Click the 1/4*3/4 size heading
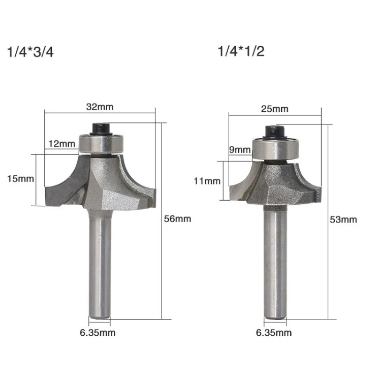point(30,52)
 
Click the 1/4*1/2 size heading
point(241,51)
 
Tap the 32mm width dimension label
point(100,107)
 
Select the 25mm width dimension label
point(274,109)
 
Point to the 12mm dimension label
point(61,144)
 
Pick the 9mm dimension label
point(240,149)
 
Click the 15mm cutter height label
point(20,179)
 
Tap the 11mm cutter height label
point(207,181)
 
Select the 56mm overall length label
point(177,218)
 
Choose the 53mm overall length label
point(343,219)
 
